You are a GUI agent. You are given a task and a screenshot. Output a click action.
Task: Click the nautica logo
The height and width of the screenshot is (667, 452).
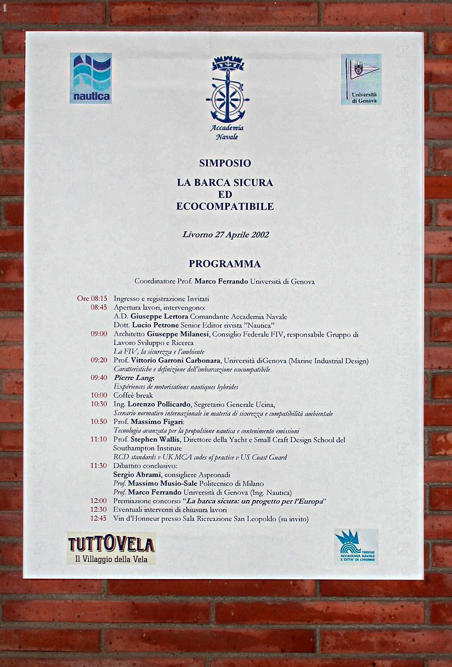[x=90, y=78]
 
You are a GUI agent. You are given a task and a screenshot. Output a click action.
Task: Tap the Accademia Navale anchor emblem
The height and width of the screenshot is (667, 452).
[x=227, y=90]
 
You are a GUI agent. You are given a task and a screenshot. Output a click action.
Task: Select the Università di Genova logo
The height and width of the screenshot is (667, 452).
[x=361, y=79]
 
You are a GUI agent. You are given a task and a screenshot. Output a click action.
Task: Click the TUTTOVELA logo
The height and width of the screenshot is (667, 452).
[x=111, y=548]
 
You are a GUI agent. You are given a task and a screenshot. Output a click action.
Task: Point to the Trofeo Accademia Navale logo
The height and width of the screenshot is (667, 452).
[x=356, y=546]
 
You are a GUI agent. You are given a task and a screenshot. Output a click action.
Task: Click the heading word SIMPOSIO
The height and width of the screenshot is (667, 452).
[x=225, y=163]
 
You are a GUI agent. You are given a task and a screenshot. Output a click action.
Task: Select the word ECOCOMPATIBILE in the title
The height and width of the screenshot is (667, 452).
[x=225, y=206]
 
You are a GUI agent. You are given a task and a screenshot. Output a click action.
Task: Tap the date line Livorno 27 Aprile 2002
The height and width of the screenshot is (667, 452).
[x=226, y=235]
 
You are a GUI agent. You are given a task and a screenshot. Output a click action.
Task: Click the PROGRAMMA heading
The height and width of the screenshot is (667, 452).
[x=225, y=264]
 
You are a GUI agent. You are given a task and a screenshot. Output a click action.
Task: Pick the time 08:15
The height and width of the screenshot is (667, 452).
[x=99, y=299]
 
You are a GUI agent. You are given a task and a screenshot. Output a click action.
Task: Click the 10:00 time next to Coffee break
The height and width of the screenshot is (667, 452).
[x=99, y=395]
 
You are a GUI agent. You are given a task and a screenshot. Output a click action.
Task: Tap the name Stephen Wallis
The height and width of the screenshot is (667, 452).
[x=155, y=439]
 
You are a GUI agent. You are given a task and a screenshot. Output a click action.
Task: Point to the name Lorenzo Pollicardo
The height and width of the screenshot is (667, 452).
[x=159, y=404]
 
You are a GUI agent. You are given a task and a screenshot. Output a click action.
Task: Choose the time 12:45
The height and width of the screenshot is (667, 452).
[x=98, y=519]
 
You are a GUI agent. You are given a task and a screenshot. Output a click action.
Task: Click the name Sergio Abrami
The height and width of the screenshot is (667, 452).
[x=137, y=475]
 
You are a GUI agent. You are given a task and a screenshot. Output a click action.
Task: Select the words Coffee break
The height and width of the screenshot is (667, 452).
[x=133, y=395]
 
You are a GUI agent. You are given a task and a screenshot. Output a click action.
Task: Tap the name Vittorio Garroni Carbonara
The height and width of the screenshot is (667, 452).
[x=175, y=360]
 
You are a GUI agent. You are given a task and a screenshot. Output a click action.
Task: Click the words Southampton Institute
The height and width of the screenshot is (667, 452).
[x=147, y=448]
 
